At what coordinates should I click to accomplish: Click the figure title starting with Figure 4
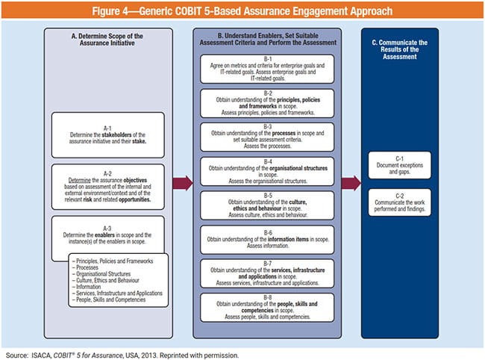(242, 11)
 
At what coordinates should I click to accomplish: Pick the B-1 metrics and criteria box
(266, 68)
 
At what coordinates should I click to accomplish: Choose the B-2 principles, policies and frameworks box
(266, 103)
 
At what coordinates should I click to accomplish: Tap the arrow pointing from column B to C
(351, 182)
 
